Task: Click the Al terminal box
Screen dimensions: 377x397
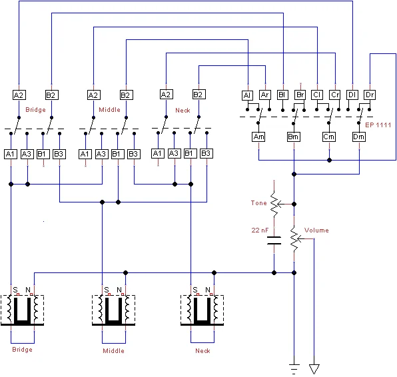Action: click(247, 95)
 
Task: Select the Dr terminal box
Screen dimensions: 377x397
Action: click(370, 95)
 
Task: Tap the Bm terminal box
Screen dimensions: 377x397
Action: click(294, 137)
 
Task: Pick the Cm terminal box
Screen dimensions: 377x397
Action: click(329, 137)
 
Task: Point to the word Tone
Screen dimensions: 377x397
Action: click(258, 202)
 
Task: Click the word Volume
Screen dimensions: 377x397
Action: click(316, 230)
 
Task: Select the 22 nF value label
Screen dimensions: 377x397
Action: click(259, 230)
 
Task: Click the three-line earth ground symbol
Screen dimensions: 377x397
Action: click(294, 366)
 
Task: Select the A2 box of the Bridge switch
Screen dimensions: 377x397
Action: click(19, 95)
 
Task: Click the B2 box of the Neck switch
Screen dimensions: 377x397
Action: click(198, 95)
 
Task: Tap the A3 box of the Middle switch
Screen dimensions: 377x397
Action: click(101, 154)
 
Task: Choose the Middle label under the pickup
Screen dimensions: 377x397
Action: click(114, 350)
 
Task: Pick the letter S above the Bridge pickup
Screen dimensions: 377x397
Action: click(15, 289)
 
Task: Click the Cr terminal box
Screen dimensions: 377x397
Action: click(335, 95)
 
